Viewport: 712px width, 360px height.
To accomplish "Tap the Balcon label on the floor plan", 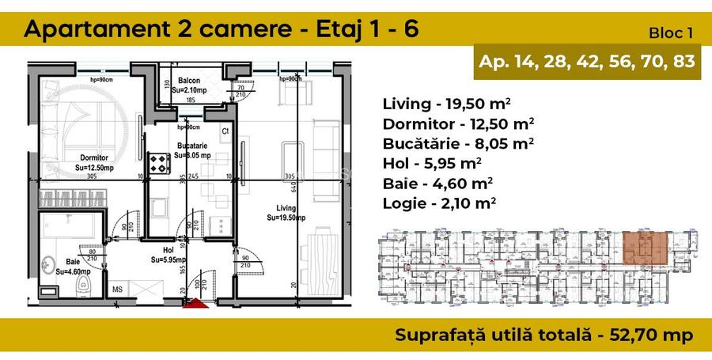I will [x=188, y=81].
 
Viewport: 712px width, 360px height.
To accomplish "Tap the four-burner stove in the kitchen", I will [x=161, y=165].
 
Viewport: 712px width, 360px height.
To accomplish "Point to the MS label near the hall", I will [x=118, y=290].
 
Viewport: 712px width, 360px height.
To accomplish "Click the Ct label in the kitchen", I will [x=225, y=131].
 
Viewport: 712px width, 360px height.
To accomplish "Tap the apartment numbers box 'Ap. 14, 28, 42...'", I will [x=588, y=63].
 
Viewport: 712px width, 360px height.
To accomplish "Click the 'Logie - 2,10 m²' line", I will [x=439, y=203].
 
